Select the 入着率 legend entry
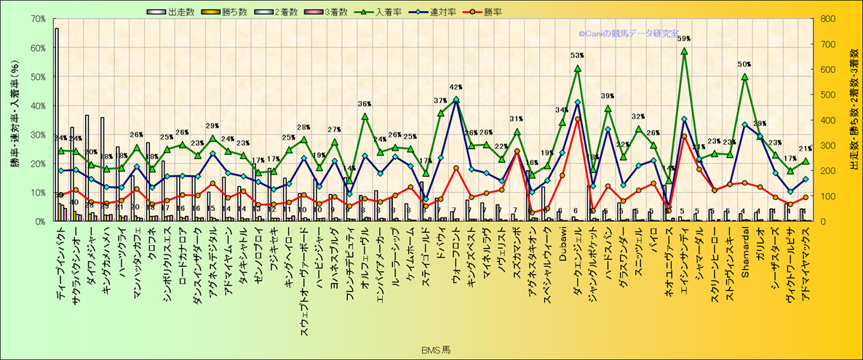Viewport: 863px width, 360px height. click(x=389, y=12)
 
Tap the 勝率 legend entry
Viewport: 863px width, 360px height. click(x=491, y=12)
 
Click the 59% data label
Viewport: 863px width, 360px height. click(x=684, y=39)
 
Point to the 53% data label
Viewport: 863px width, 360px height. click(x=577, y=56)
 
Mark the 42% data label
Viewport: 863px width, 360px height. click(x=456, y=87)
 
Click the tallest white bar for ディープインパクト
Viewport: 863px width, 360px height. click(x=57, y=124)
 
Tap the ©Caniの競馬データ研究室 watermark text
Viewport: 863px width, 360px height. click(x=629, y=33)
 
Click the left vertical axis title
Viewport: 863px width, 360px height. click(x=15, y=120)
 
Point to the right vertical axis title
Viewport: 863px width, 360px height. click(x=853, y=120)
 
